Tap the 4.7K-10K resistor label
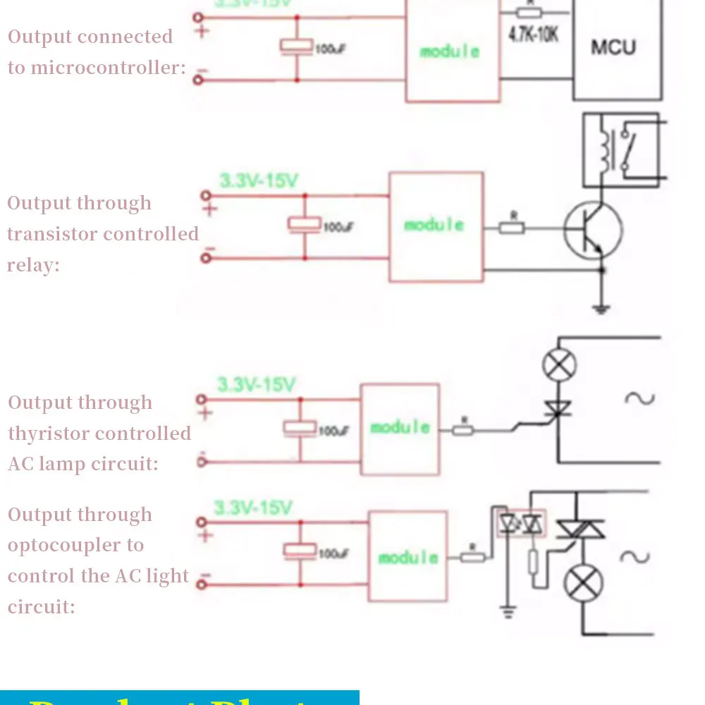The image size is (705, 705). (x=534, y=34)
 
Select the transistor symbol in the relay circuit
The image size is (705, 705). (x=592, y=230)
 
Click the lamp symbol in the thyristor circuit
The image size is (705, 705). (x=559, y=365)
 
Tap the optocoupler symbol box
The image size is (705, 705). (x=521, y=524)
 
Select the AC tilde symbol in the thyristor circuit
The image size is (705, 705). (x=640, y=398)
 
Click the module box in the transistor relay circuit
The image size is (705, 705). (x=436, y=226)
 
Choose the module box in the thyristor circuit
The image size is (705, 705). (x=400, y=428)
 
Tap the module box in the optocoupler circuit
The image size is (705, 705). (x=408, y=557)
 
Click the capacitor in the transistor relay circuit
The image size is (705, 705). (x=305, y=225)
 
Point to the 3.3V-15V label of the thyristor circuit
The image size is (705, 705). (x=256, y=385)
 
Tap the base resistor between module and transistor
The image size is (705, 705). (x=512, y=227)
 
